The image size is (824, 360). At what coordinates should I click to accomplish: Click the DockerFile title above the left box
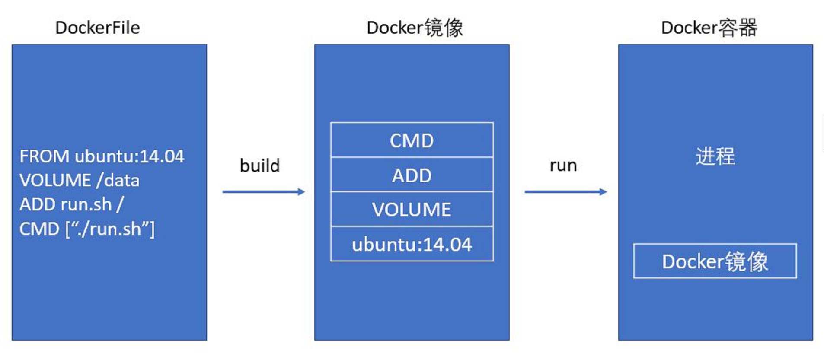tap(97, 28)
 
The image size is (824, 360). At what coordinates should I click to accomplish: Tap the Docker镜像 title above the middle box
tap(414, 28)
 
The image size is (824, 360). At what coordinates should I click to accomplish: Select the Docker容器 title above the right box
tap(709, 28)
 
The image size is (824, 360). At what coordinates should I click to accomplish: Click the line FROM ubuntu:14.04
tap(102, 156)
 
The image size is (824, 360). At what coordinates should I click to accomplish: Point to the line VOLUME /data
tap(79, 180)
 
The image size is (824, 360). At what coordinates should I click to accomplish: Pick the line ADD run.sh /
tap(71, 204)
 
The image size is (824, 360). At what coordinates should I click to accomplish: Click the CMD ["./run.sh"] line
tap(87, 229)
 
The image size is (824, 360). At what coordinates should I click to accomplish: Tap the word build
tap(259, 166)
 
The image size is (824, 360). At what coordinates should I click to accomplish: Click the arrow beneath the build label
tap(264, 192)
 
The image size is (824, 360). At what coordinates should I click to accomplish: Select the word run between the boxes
tap(563, 166)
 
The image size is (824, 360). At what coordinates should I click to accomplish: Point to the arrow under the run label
tap(565, 192)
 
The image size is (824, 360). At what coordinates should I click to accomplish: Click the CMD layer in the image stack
tap(412, 140)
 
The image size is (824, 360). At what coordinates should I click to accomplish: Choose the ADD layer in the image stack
tap(412, 175)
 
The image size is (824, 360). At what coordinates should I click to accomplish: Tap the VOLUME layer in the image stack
tap(412, 210)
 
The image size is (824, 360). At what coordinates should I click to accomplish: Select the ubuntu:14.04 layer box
tap(412, 245)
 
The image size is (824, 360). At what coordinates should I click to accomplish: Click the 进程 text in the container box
tap(715, 156)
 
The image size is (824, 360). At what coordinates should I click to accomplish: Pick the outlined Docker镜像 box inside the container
tap(715, 261)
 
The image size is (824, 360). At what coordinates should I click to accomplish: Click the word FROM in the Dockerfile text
tap(44, 156)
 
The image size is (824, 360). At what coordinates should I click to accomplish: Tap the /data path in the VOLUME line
tap(118, 180)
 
